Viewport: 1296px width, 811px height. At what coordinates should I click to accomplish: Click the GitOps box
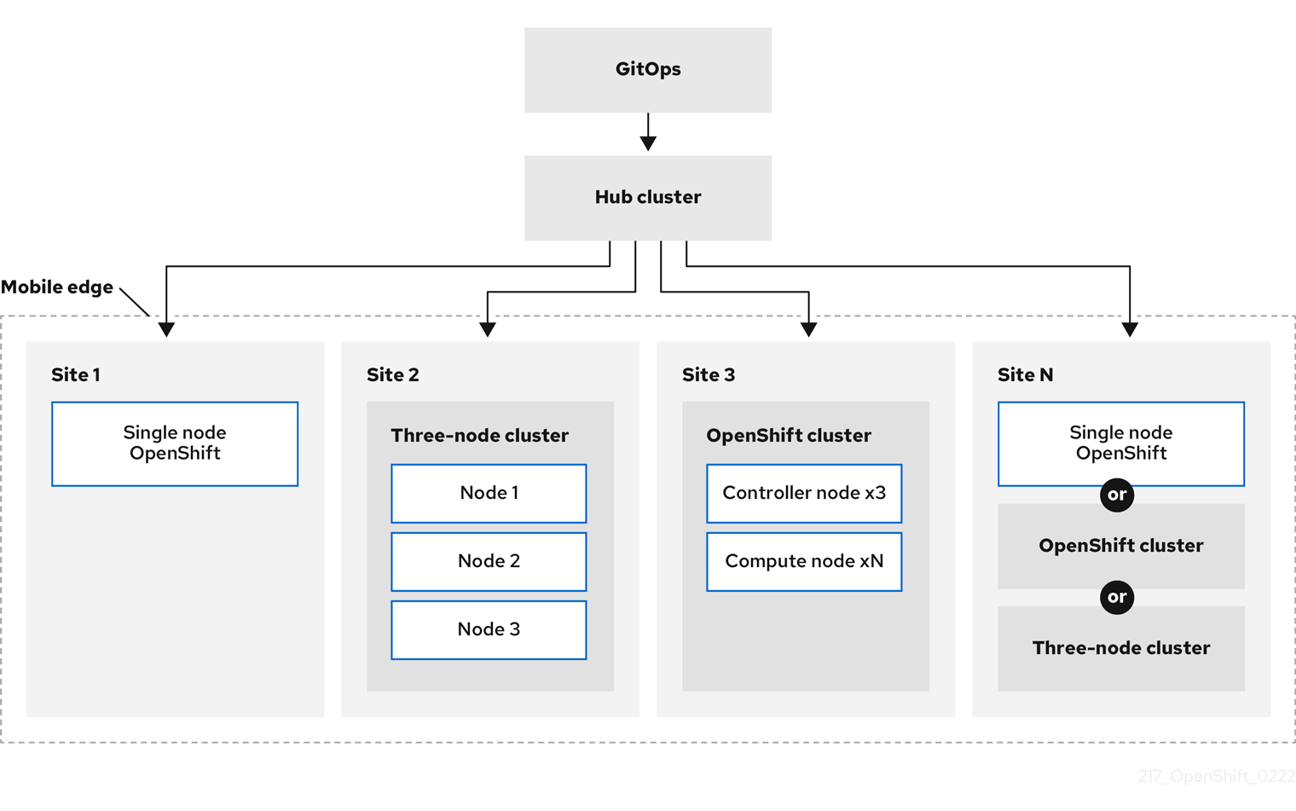(648, 70)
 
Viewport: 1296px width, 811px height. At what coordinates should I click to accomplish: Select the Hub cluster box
(648, 198)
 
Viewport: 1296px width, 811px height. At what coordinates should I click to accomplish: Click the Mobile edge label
(57, 287)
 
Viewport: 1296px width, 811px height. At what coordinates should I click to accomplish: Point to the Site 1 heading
(76, 375)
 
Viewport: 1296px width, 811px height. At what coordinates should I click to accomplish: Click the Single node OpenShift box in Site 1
(175, 443)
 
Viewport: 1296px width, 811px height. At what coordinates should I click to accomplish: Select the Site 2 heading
(393, 375)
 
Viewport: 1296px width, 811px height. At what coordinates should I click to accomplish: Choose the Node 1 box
(489, 493)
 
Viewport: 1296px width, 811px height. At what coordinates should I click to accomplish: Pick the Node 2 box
(489, 561)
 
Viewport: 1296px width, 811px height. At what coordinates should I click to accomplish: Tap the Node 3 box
(489, 629)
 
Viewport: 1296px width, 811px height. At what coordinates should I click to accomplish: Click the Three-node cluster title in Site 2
(479, 436)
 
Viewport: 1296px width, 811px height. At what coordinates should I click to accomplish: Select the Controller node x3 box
(804, 493)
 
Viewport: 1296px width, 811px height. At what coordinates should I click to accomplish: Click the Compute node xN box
(804, 561)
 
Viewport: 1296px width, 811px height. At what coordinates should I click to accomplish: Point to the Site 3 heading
(709, 375)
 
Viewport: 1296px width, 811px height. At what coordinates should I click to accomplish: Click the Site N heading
(1026, 375)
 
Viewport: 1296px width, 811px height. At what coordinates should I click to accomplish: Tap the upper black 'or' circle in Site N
(1117, 495)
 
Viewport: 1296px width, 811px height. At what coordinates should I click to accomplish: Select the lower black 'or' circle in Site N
(1117, 597)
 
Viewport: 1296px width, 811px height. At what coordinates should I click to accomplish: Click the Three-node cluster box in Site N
(1121, 648)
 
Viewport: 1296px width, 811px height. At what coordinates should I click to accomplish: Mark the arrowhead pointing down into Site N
(1130, 329)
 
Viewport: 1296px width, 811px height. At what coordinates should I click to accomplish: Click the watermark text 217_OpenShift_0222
(1217, 776)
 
